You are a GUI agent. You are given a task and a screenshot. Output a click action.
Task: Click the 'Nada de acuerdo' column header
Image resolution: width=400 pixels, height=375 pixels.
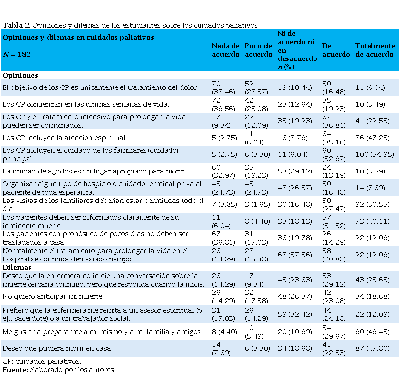(226, 50)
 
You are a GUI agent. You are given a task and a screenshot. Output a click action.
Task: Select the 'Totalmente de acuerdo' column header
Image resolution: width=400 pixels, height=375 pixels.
(374, 50)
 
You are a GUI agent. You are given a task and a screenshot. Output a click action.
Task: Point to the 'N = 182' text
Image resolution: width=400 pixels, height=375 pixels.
(17, 54)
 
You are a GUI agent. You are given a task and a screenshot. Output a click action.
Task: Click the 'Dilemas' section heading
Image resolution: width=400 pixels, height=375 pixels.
(17, 267)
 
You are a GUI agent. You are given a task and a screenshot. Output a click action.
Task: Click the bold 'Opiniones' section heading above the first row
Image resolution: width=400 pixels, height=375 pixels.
(20, 76)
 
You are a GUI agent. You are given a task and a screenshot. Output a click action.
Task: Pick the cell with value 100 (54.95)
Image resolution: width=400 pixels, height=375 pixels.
(374, 154)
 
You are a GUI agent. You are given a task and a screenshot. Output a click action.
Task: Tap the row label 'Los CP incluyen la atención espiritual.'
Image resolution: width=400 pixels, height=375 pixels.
(65, 138)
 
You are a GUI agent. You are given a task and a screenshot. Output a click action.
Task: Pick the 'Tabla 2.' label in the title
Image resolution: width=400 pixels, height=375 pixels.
(16, 25)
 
